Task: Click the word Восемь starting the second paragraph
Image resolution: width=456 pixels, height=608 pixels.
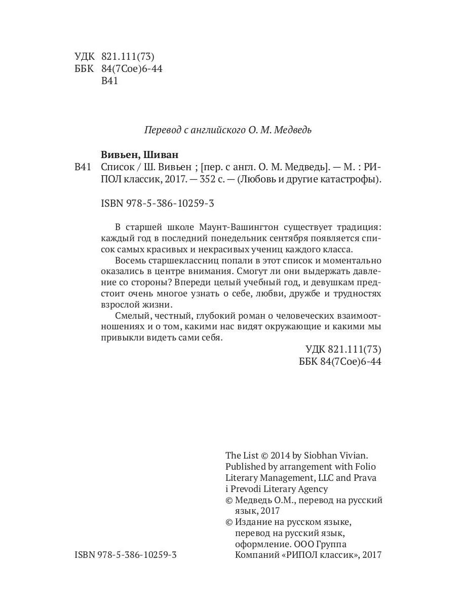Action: click(x=130, y=260)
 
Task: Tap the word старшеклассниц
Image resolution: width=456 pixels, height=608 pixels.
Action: click(x=192, y=260)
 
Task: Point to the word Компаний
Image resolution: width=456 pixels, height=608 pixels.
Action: click(x=257, y=555)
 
